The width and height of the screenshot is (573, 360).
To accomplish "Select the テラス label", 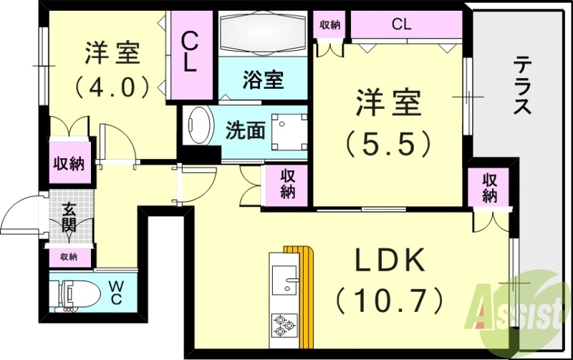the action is pos(522,87).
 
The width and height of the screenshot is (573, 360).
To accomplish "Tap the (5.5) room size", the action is pos(389,144).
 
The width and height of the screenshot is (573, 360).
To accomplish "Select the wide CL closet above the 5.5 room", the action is pos(401,24).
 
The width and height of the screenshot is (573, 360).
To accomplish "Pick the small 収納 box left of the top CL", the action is pos(329,24).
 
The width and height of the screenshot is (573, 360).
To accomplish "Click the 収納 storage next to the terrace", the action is pos(489,188).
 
